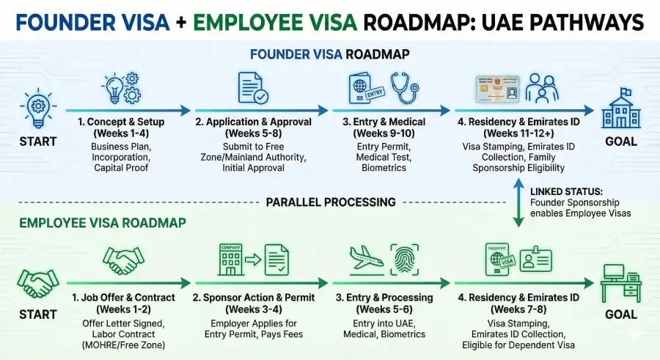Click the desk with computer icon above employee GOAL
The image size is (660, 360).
[x=620, y=282]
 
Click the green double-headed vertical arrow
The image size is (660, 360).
[x=518, y=202]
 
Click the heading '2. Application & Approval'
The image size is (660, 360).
[x=253, y=121]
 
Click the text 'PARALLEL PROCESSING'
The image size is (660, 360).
[x=331, y=202]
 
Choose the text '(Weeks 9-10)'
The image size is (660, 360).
[x=382, y=133]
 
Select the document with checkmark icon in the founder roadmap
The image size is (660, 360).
[x=253, y=87]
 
